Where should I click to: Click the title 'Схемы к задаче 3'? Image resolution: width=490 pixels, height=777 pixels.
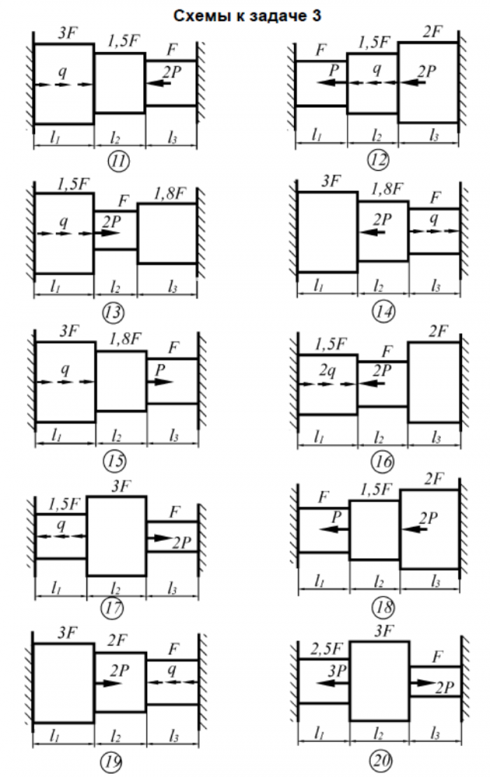click(x=245, y=16)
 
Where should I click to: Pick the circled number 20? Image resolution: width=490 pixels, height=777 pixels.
click(x=382, y=758)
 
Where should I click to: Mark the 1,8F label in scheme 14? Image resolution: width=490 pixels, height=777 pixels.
click(x=381, y=189)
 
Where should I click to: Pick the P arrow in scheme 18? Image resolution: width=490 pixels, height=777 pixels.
click(x=333, y=528)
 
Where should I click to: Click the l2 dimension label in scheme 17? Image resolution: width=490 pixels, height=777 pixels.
click(x=116, y=587)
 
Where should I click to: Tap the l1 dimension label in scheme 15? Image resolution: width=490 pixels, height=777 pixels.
click(x=65, y=437)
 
